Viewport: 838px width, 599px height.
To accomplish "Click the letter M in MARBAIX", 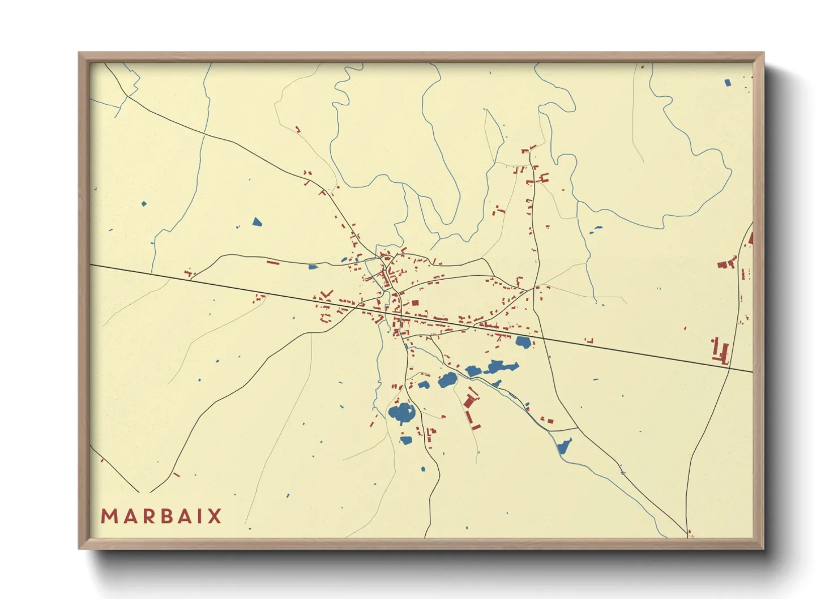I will pyautogui.click(x=109, y=516).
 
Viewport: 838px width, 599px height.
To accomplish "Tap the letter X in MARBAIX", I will pyautogui.click(x=214, y=516).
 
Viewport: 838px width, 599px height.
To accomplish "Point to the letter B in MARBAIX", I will pyautogui.click(x=160, y=516).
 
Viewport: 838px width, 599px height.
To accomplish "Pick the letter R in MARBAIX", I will pyautogui.click(x=143, y=516).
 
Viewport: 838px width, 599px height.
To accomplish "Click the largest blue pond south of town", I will pyautogui.click(x=401, y=413).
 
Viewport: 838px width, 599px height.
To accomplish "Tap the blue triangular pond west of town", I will pyautogui.click(x=257, y=222).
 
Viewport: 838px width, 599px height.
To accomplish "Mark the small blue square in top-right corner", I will pyautogui.click(x=728, y=83).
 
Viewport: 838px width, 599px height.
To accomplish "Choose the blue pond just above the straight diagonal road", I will pyautogui.click(x=523, y=342).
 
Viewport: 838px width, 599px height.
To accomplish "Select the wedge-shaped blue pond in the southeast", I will pyautogui.click(x=565, y=446).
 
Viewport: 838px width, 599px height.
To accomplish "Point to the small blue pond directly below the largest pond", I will pyautogui.click(x=406, y=440).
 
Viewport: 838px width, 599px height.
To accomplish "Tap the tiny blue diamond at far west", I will pyautogui.click(x=144, y=204).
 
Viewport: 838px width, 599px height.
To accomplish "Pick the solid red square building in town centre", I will pyautogui.click(x=414, y=303).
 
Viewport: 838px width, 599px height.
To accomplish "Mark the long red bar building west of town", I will pyautogui.click(x=273, y=262).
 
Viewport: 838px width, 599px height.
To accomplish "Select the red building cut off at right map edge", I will pyautogui.click(x=750, y=238).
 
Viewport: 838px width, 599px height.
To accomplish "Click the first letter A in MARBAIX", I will pyautogui.click(x=126, y=516).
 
